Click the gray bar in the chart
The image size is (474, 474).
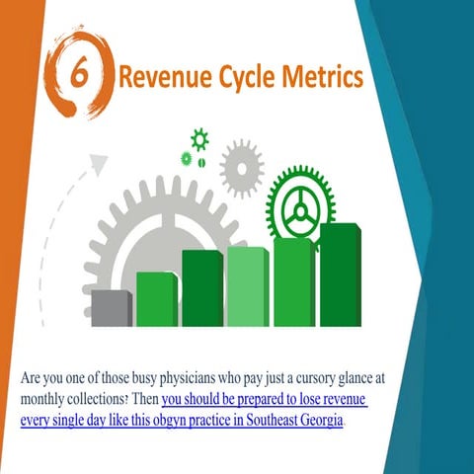click(x=112, y=308)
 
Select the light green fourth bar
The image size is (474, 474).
click(x=247, y=286)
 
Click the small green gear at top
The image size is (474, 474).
click(x=199, y=138)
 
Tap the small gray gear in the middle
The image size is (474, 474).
click(x=241, y=168)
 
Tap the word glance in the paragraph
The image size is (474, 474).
click(x=367, y=379)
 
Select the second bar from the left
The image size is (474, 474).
click(x=155, y=298)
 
